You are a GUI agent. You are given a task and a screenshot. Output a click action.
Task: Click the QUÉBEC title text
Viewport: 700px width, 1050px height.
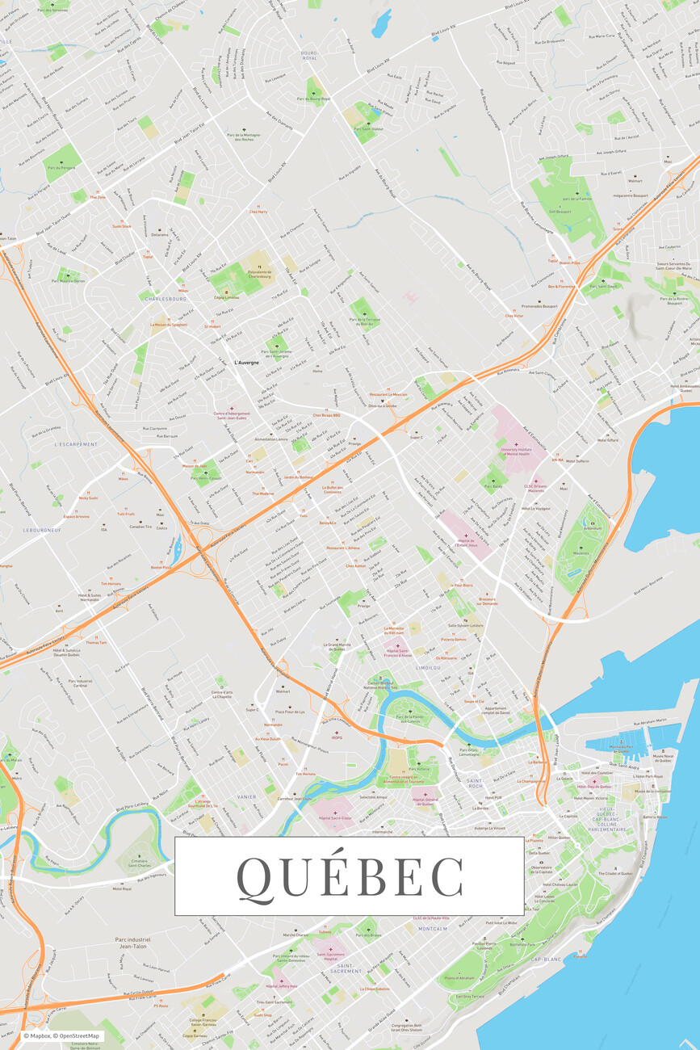[x=350, y=876]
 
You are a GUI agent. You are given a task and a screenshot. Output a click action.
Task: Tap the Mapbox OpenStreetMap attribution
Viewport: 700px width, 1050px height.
[x=62, y=1035]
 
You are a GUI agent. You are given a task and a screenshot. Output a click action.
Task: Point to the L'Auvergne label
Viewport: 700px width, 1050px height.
[x=247, y=363]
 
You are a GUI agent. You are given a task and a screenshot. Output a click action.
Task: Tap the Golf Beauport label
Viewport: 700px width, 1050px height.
[x=560, y=212]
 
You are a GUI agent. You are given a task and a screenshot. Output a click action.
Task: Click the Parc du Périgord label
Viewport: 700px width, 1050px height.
[x=61, y=168]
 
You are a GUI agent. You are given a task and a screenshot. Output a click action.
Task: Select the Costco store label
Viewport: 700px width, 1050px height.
[x=161, y=528]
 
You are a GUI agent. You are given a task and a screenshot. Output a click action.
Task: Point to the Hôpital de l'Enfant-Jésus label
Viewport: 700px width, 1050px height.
[x=465, y=545]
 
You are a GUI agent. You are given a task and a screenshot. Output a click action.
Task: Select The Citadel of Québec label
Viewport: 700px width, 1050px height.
[x=615, y=873]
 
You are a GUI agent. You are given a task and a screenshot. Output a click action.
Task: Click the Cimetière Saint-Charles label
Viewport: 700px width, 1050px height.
[x=140, y=863]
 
